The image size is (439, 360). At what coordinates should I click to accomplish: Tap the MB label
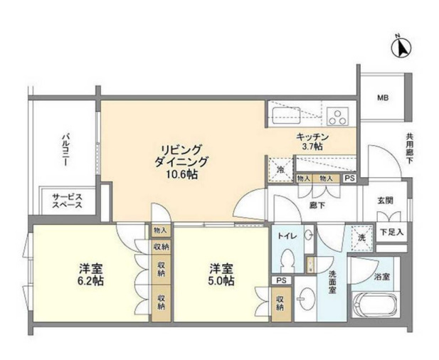click(x=383, y=98)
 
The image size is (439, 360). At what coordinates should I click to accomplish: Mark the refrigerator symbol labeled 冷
click(x=280, y=170)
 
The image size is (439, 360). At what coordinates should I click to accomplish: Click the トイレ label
click(x=287, y=235)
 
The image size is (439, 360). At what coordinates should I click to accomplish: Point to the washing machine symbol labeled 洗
click(x=360, y=236)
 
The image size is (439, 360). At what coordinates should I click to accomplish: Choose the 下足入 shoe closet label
click(x=390, y=231)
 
